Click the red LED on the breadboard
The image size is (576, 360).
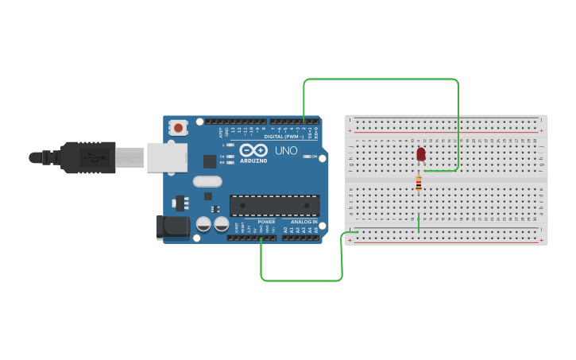pyautogui.click(x=420, y=153)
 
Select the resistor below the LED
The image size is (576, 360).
pyautogui.click(x=419, y=184)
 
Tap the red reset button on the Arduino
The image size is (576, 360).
pyautogui.click(x=178, y=127)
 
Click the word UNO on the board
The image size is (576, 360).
pyautogui.click(x=286, y=150)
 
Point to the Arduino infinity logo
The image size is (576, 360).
pyautogui.click(x=253, y=149)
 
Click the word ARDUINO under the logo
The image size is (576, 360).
pyautogui.click(x=253, y=161)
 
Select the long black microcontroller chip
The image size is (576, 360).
pyautogui.click(x=274, y=206)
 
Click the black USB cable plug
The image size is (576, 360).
pyautogui.click(x=87, y=157)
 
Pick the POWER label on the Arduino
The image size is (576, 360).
pyautogui.click(x=266, y=222)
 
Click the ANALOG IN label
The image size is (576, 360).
pyautogui.click(x=304, y=222)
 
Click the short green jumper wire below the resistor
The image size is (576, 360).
pyautogui.click(x=419, y=223)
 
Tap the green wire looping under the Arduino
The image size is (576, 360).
pyautogui.click(x=302, y=280)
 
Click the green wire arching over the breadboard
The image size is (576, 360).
pyautogui.click(x=381, y=79)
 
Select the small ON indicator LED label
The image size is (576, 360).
pyautogui.click(x=313, y=157)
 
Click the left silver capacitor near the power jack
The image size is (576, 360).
pyautogui.click(x=203, y=224)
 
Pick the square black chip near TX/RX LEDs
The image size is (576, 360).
pyautogui.click(x=209, y=161)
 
